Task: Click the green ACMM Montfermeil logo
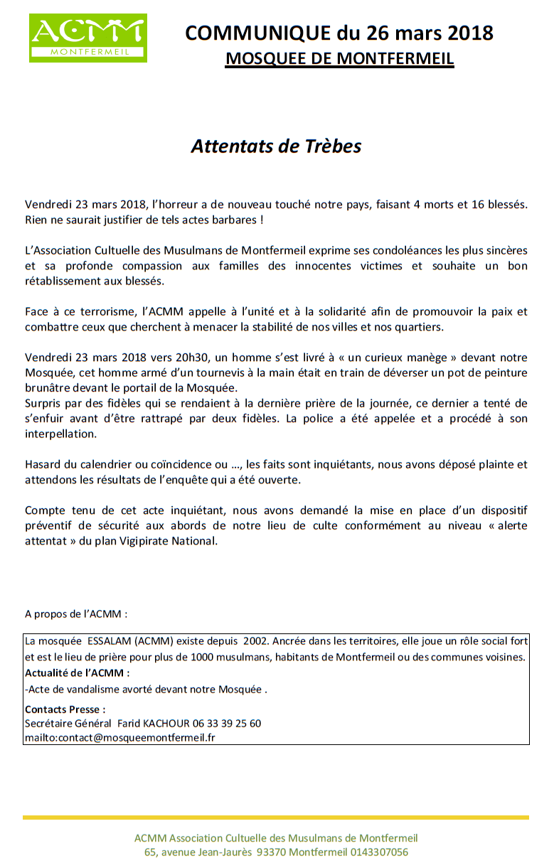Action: coord(87,37)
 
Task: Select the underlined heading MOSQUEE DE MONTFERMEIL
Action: coord(339,58)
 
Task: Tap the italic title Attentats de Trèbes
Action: coord(276,146)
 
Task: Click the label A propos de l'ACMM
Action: coord(76,613)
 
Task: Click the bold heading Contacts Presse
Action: coord(65,709)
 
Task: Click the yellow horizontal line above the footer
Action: coord(276,818)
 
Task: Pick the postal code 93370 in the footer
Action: coord(270,852)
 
